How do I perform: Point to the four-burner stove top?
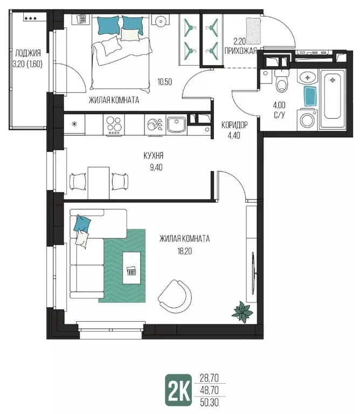pyautogui.click(x=114, y=125)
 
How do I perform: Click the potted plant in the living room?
pyautogui.click(x=242, y=312)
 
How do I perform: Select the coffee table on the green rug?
pyautogui.click(x=131, y=268)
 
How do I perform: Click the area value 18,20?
pyautogui.click(x=185, y=251)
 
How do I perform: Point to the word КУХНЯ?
pyautogui.click(x=154, y=155)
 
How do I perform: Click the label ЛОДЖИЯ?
pyautogui.click(x=28, y=53)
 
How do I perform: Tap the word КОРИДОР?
pyautogui.click(x=234, y=125)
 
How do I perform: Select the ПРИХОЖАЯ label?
pyautogui.click(x=240, y=51)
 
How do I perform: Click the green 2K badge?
pyautogui.click(x=178, y=390)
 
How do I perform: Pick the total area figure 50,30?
pyautogui.click(x=209, y=402)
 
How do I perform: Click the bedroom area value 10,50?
pyautogui.click(x=165, y=82)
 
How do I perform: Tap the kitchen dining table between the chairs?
pyautogui.click(x=99, y=183)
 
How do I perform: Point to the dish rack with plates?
pyautogui.click(x=155, y=125)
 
